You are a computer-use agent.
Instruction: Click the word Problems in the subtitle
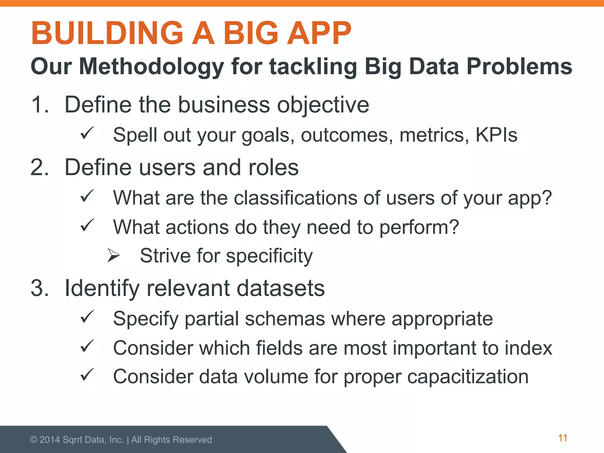(519, 66)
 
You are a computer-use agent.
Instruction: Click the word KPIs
(496, 135)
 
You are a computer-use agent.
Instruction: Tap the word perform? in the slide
(419, 228)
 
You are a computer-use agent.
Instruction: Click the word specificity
(269, 256)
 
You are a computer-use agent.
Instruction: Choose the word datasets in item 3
(280, 288)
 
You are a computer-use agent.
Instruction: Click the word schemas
(285, 319)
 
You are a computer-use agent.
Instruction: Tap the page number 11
(563, 438)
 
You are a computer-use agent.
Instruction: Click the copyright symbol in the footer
(34, 440)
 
